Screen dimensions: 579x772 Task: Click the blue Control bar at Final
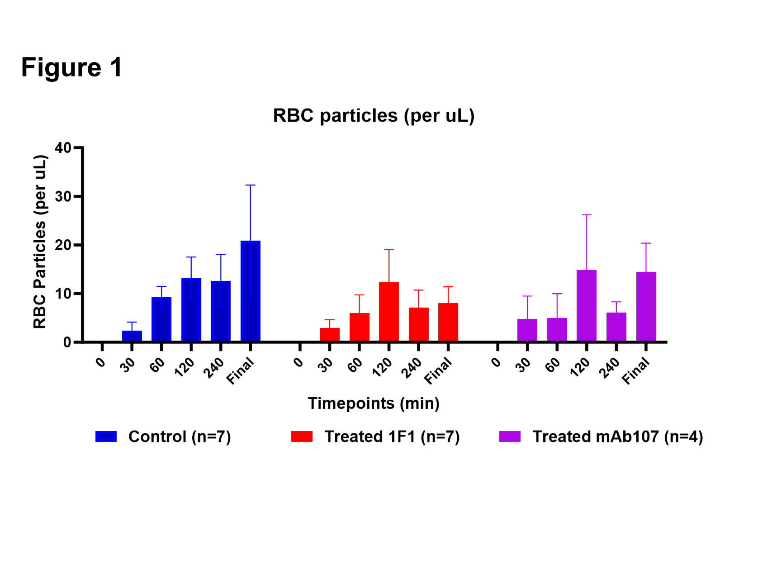pyautogui.click(x=251, y=291)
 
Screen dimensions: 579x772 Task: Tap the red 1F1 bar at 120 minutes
pyautogui.click(x=389, y=312)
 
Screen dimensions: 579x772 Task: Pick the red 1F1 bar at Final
pyautogui.click(x=448, y=322)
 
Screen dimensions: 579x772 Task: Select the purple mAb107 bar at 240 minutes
pyautogui.click(x=616, y=327)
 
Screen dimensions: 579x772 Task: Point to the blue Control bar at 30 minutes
pyautogui.click(x=132, y=336)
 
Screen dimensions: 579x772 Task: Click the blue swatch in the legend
pyautogui.click(x=106, y=437)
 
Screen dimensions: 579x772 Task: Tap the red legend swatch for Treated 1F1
pyautogui.click(x=302, y=437)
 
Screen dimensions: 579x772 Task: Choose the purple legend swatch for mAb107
pyautogui.click(x=510, y=437)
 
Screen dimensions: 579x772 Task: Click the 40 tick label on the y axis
pyautogui.click(x=63, y=148)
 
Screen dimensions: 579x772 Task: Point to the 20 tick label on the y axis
pyautogui.click(x=63, y=245)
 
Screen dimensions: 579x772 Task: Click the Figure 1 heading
pyautogui.click(x=72, y=68)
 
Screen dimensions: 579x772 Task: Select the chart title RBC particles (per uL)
pyautogui.click(x=374, y=116)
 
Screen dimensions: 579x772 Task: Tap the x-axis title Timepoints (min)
pyautogui.click(x=374, y=403)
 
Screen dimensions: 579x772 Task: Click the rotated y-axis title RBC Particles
pyautogui.click(x=40, y=242)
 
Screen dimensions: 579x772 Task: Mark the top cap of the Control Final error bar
pyautogui.click(x=251, y=185)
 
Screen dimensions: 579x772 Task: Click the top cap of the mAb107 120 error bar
pyautogui.click(x=587, y=215)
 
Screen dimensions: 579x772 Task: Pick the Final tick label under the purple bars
pyautogui.click(x=636, y=371)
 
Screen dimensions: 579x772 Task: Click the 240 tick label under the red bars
pyautogui.click(x=412, y=368)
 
